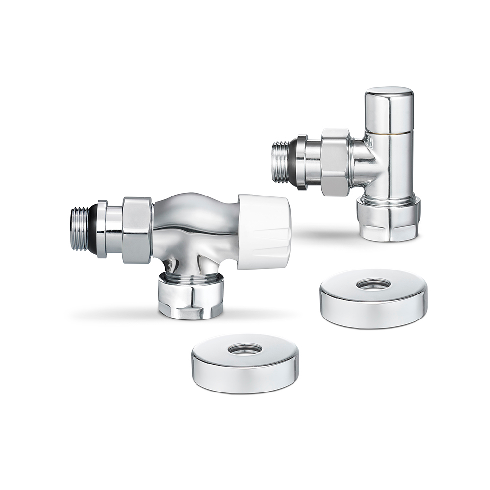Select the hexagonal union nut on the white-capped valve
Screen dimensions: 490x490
[137, 230]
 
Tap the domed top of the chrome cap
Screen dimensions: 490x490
[389, 92]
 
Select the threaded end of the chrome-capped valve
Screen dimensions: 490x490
[280, 162]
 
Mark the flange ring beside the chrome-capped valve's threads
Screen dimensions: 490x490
[301, 162]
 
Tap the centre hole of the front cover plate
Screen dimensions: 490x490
[245, 349]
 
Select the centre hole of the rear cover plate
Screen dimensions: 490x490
[373, 284]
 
